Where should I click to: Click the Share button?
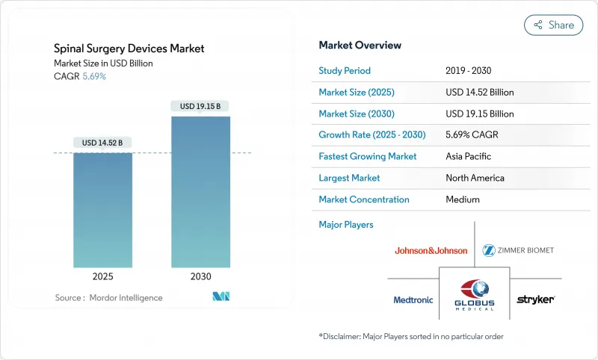(553, 25)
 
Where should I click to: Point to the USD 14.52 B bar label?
(103, 143)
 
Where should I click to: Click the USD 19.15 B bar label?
(200, 106)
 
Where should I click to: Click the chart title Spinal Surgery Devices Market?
(129, 49)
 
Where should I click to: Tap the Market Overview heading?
(360, 45)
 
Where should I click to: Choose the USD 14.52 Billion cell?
(479, 93)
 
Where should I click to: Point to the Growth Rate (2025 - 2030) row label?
(368, 135)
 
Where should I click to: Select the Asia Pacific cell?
(468, 157)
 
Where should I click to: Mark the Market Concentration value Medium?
(462, 199)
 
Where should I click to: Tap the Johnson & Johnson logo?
(431, 250)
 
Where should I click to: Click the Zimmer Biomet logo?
(518, 249)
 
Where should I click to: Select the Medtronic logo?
(413, 300)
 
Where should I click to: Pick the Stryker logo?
(535, 300)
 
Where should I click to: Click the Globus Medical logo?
(474, 294)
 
